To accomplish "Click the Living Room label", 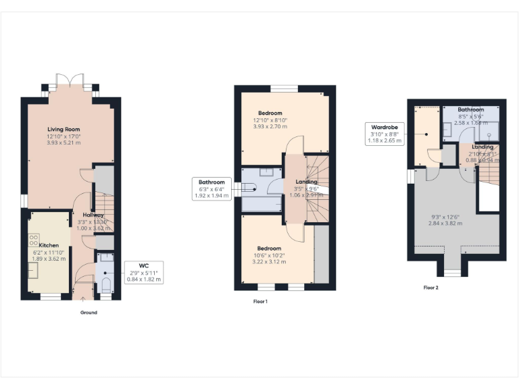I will [x=64, y=129].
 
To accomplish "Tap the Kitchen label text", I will [x=49, y=245].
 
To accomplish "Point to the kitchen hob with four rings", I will [x=33, y=240].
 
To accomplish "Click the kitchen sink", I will [x=32, y=269].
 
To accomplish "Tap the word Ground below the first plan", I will [x=89, y=313].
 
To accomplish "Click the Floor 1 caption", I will [x=259, y=301].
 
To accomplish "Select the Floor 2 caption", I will [x=430, y=287].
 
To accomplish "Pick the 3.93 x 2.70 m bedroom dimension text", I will [x=270, y=126].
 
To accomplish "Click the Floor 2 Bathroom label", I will [x=470, y=109].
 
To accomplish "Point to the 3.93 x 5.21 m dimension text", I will [x=64, y=143].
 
